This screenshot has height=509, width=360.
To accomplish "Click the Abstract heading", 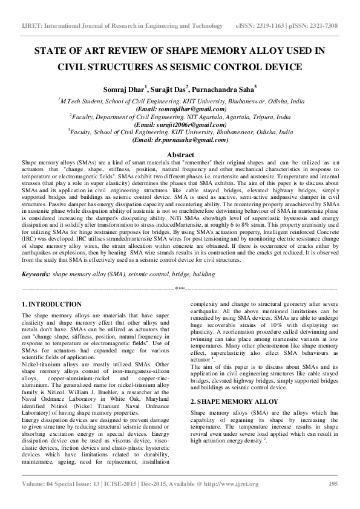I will click(x=180, y=155).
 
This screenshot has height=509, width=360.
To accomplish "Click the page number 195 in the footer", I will click(x=333, y=484).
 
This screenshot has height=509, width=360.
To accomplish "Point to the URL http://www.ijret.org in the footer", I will click(x=228, y=484).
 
